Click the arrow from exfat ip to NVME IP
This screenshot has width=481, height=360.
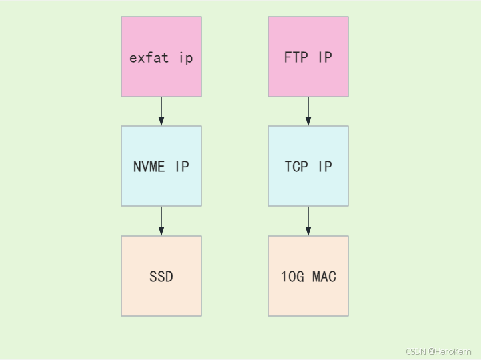point(161,111)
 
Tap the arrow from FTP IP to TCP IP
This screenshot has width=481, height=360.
point(308,111)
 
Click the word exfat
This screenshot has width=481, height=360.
point(149,57)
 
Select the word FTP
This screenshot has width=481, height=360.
point(296,57)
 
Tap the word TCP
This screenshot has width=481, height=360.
point(296,167)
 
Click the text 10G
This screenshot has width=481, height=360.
point(293,276)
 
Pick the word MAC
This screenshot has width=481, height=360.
point(324,276)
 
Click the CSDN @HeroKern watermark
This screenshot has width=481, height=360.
point(438,351)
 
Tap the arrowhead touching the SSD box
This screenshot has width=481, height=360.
point(161,231)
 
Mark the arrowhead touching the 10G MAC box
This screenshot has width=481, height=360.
point(308,231)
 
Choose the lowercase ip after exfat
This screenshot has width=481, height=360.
point(186,58)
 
